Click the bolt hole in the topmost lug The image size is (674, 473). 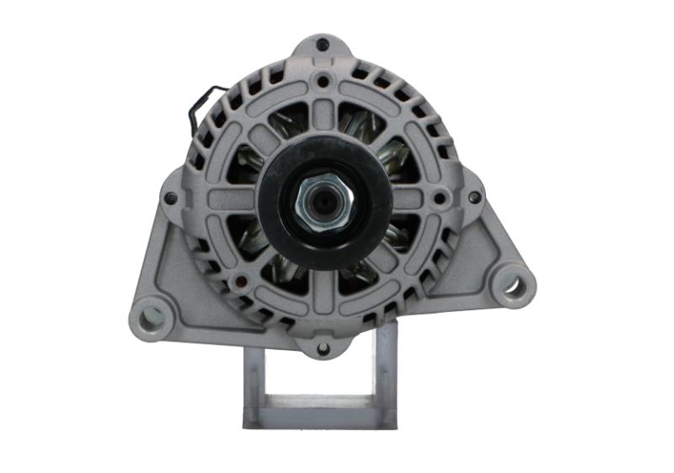pyautogui.click(x=323, y=45)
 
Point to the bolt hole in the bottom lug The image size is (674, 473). pyautogui.click(x=323, y=347)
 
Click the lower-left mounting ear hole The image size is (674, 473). pyautogui.click(x=152, y=317)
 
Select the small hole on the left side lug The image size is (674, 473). pyautogui.click(x=171, y=198)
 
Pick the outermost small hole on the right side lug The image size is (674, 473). pyautogui.click(x=475, y=196)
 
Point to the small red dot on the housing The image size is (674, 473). pyautogui.click(x=243, y=282)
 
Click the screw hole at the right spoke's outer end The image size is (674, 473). pyautogui.click(x=439, y=200)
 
